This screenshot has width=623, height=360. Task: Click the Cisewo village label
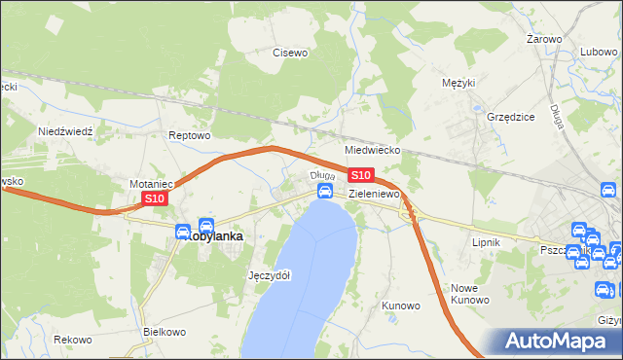pyautogui.click(x=290, y=53)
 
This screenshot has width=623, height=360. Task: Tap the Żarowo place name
pyautogui.click(x=544, y=39)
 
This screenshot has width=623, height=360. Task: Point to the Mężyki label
pyautogui.click(x=458, y=83)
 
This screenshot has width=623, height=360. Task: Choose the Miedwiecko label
pyautogui.click(x=373, y=151)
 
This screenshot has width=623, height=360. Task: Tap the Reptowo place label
pyautogui.click(x=190, y=135)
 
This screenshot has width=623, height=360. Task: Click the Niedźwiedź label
pyautogui.click(x=64, y=130)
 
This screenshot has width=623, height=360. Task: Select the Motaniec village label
pyautogui.click(x=152, y=183)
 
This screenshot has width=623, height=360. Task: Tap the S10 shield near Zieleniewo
pyautogui.click(x=360, y=175)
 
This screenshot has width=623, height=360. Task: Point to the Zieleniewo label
pyautogui.click(x=375, y=195)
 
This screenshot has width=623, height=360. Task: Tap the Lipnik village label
pyautogui.click(x=485, y=241)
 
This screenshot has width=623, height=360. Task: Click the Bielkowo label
pyautogui.click(x=164, y=332)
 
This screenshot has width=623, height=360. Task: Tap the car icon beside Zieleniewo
pyautogui.click(x=326, y=193)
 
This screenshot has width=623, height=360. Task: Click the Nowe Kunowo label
pyautogui.click(x=470, y=294)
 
